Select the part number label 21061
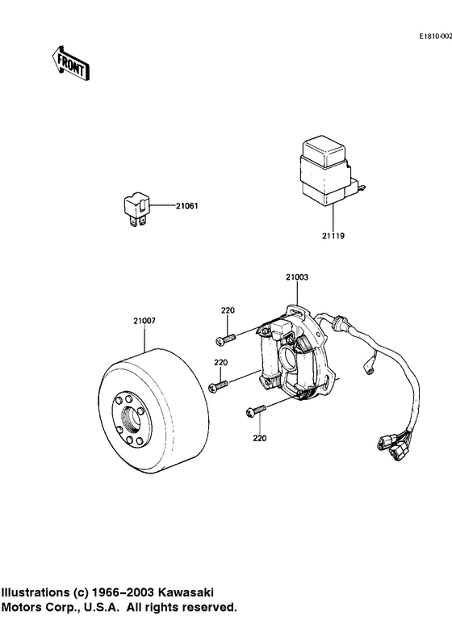coord(186,206)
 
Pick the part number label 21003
coord(296,277)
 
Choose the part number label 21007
coord(145,321)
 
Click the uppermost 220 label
coord(228,310)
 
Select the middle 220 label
coord(220,363)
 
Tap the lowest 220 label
coord(259,439)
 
